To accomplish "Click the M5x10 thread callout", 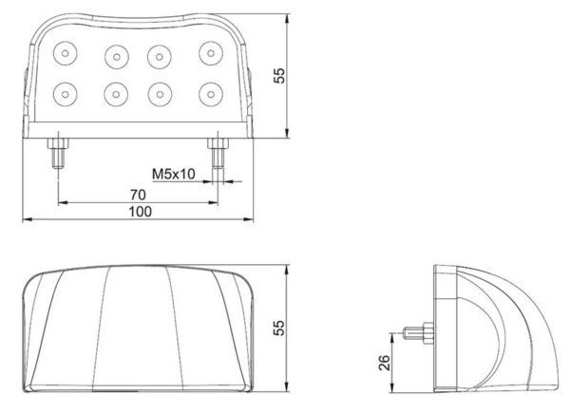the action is tap(174, 175).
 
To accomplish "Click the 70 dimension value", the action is tap(138, 195).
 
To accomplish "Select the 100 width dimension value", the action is tap(141, 212).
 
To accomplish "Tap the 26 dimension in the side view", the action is tap(384, 363).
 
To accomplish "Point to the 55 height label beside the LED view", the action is tap(279, 76).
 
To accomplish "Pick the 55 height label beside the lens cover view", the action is tap(279, 328).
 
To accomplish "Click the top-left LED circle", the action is tap(65, 53).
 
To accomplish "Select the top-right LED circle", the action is tap(211, 53).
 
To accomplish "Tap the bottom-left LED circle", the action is tap(65, 94).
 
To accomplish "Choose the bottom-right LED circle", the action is tap(211, 94).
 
